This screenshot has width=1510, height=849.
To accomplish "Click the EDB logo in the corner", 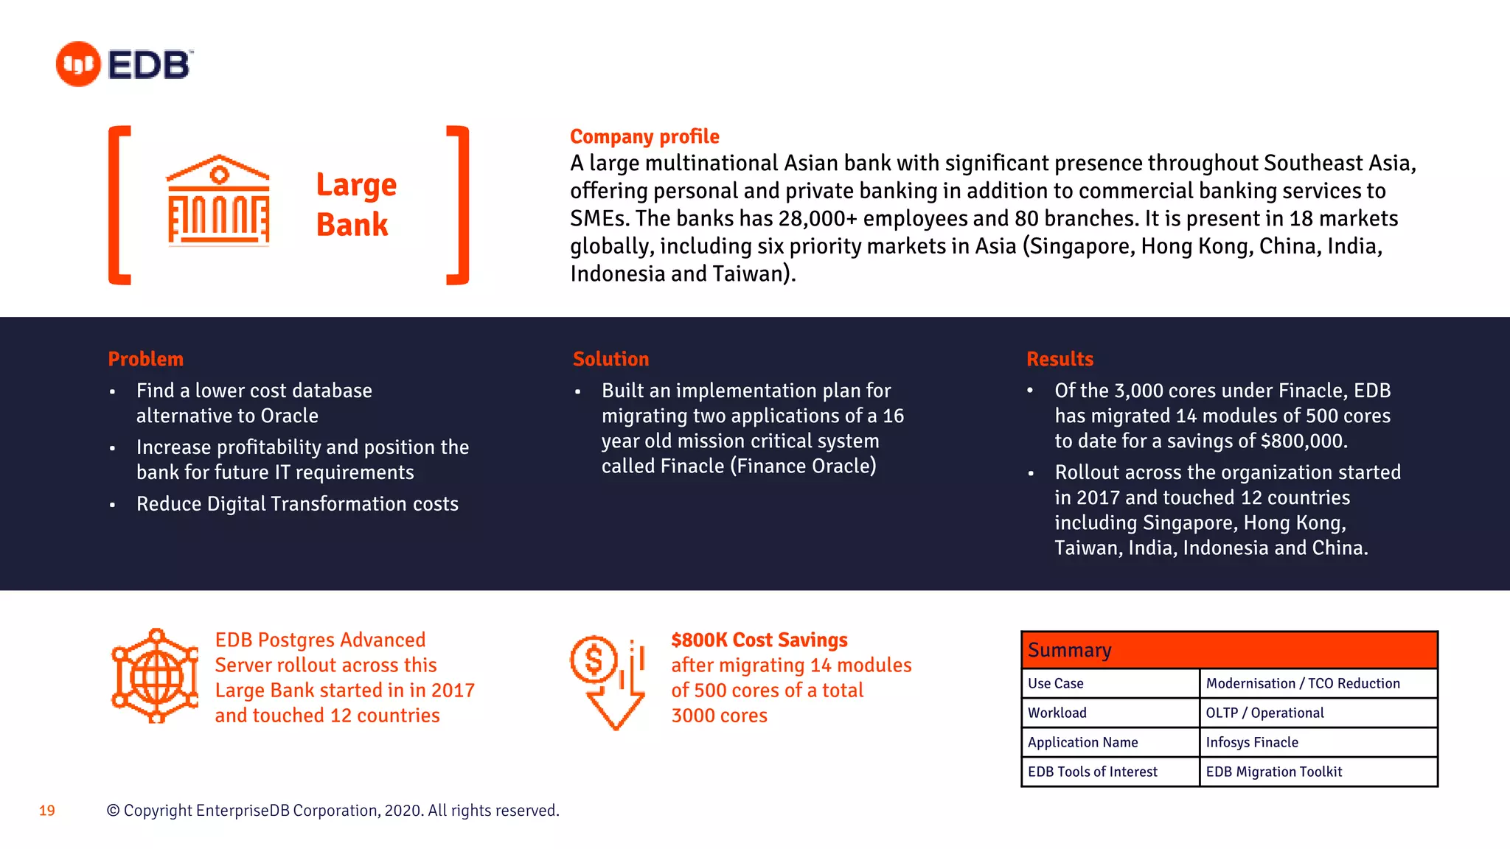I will (x=125, y=64).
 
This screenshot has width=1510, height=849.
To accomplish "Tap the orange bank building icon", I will (x=218, y=200).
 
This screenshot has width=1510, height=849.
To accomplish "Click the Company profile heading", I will (x=644, y=136).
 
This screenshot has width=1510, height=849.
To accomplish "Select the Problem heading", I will (x=145, y=359).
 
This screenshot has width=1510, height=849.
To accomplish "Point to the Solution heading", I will (x=610, y=359).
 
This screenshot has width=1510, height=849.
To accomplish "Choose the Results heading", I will (x=1060, y=359).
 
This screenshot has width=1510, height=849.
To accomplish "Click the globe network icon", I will (x=155, y=676).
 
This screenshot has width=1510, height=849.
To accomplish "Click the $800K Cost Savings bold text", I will (x=759, y=640).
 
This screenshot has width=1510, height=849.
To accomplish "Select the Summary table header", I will (x=1229, y=650).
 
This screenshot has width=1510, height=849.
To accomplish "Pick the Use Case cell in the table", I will (x=1110, y=683).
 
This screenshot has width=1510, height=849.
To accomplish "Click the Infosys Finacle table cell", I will (x=1318, y=742).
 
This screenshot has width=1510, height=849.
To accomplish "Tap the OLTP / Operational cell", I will (x=1318, y=713).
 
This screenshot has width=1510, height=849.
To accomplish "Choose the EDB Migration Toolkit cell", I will (x=1318, y=772).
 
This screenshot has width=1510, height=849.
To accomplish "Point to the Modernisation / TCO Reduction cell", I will (x=1318, y=683).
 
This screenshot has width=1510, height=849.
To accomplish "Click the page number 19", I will (x=47, y=811).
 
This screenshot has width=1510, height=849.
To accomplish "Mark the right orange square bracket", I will (x=459, y=205).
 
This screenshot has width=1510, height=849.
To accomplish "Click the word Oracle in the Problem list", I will (x=290, y=416).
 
